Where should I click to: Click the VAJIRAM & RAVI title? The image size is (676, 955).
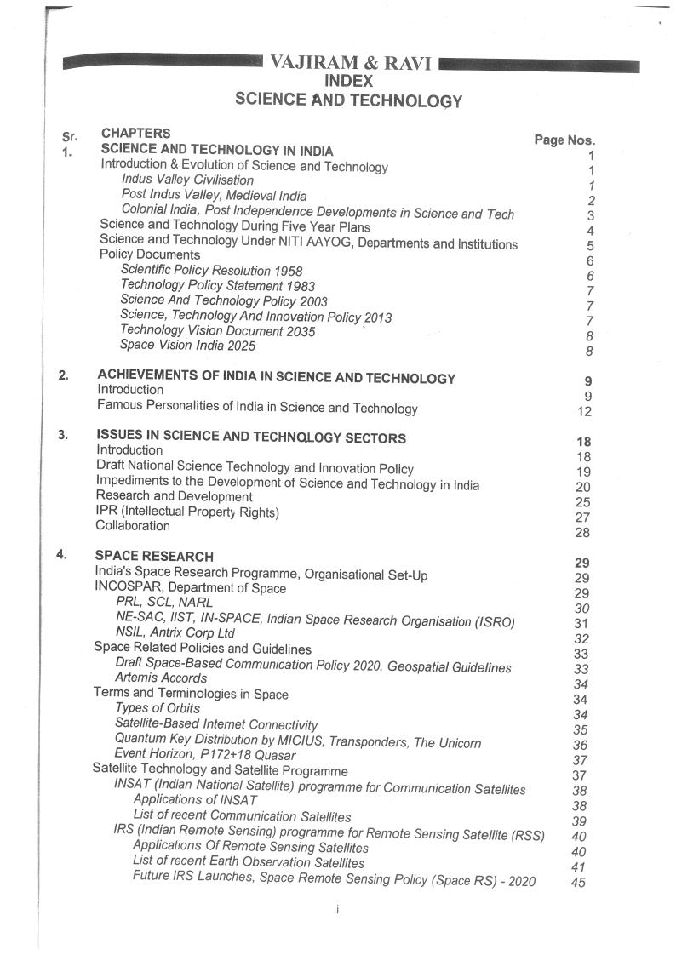coord(350,63)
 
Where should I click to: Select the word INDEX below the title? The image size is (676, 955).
coord(349,81)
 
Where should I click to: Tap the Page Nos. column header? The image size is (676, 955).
coord(564,140)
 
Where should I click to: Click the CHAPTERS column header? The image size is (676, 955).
coord(135,133)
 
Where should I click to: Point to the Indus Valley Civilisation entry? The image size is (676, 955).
coord(187,180)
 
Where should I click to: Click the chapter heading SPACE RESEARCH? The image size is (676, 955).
coord(154,557)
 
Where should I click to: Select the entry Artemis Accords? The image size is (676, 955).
coord(160,678)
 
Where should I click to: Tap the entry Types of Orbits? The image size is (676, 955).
coord(158,708)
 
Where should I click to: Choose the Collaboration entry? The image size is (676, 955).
coord(133,526)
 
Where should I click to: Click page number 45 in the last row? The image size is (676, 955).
coord(579,883)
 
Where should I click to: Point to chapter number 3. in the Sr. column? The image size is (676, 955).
coord(63,435)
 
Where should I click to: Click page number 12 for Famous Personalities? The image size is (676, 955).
coord(584,412)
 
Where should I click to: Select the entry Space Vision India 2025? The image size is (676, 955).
coord(187,346)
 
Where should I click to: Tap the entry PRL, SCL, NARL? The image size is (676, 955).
coord(164,603)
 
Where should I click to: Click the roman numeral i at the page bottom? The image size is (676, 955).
coord(338,910)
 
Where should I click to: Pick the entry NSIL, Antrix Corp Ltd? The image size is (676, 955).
coord(175,633)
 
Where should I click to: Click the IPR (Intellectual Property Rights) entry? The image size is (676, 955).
coord(187,512)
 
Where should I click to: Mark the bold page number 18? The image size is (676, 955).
coord(583,442)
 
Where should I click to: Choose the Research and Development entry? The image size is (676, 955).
coord(174,496)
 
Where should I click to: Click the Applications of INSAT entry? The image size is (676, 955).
coord(195,800)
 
